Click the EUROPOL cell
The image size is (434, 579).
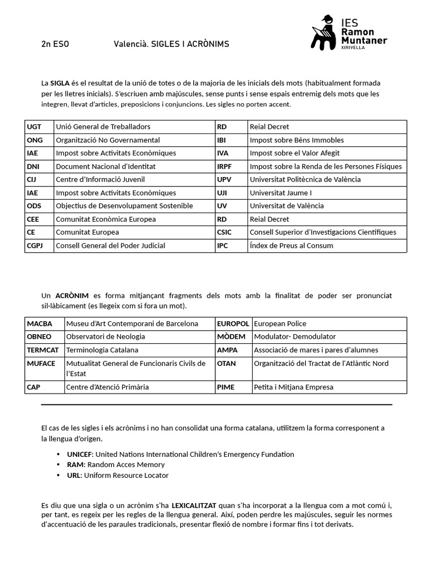[233, 323]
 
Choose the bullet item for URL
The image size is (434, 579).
[118, 476]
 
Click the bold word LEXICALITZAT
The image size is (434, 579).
[194, 504]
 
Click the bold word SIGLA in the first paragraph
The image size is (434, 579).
[60, 83]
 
